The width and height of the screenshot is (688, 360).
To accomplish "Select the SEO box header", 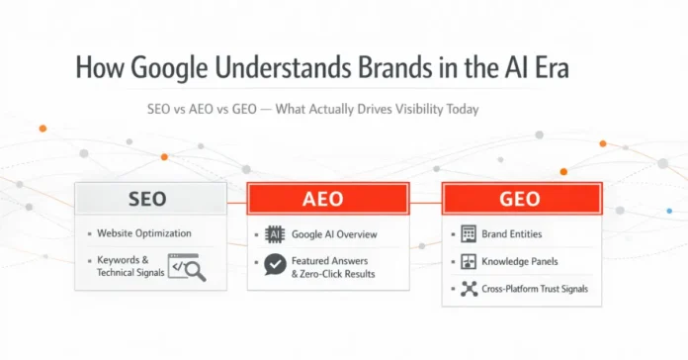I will (x=152, y=199).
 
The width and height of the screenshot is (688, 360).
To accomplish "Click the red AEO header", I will (x=328, y=199).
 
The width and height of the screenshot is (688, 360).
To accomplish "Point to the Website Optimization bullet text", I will (x=144, y=233).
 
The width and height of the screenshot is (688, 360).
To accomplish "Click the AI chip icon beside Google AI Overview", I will (x=275, y=234).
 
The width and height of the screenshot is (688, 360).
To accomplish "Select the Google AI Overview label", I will (x=333, y=234).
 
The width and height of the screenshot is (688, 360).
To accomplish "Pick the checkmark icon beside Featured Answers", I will (x=275, y=263).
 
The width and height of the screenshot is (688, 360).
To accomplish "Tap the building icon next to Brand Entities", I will (x=469, y=234).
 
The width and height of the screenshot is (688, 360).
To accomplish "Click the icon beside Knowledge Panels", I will (x=469, y=262).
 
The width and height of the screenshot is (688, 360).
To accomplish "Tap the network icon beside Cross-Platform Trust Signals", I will (x=469, y=289).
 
